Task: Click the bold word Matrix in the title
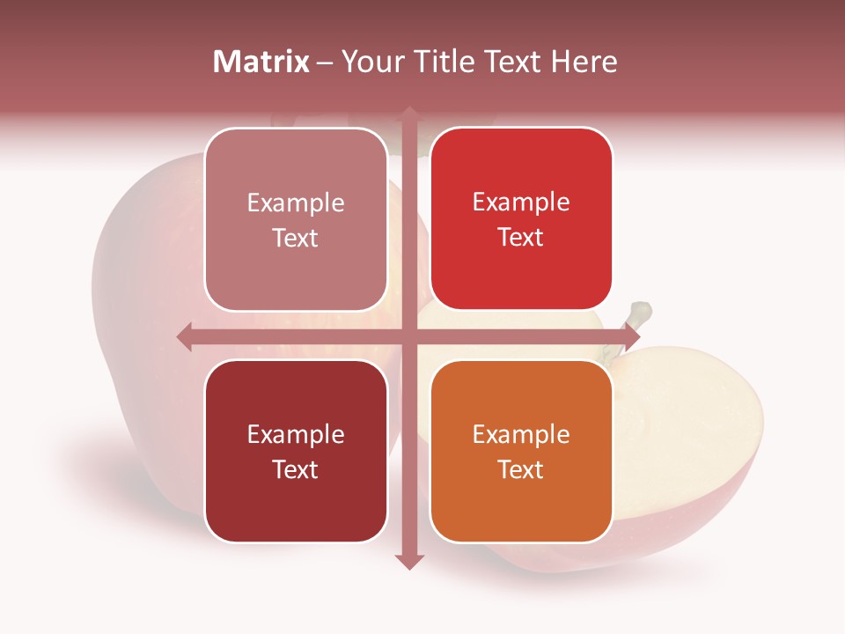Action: point(261,62)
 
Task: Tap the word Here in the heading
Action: point(584,62)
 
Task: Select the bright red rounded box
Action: point(521,218)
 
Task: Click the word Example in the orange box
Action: point(521,434)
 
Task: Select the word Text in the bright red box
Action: point(521,238)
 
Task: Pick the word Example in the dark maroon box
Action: point(296,434)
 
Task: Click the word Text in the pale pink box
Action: point(296,239)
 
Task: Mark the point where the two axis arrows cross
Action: point(408,336)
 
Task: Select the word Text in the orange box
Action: point(521,469)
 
